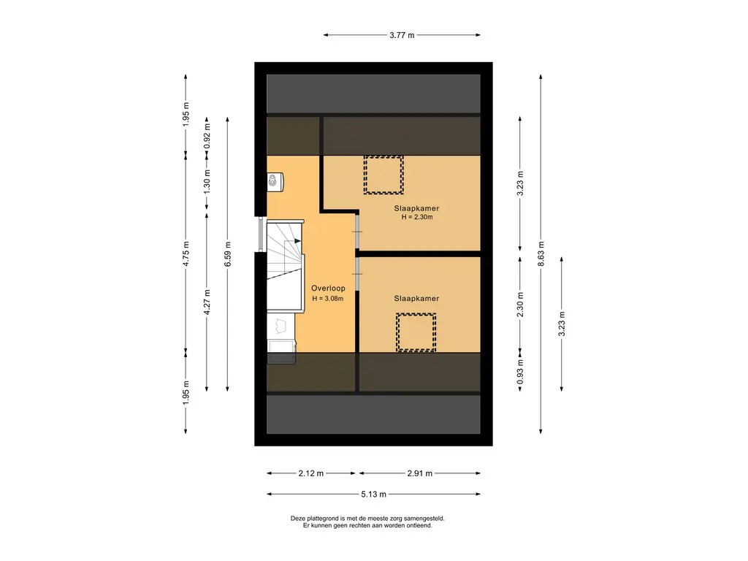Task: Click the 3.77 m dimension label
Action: point(402,35)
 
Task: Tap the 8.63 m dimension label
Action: point(541,253)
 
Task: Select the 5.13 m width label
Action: point(373,495)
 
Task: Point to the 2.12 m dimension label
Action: point(311,473)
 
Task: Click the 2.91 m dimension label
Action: point(420,473)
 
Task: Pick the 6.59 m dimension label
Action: point(228,253)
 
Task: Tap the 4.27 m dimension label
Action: point(207,302)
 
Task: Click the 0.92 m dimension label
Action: point(207,136)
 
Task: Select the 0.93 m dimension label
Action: point(520,372)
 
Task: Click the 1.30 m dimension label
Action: point(207,182)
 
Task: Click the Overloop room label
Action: point(328,288)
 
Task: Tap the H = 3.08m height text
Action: point(328,299)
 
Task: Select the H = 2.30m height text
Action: point(417,217)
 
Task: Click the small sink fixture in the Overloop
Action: point(275,182)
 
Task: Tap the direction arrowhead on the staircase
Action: point(298,241)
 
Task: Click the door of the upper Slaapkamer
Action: point(356,232)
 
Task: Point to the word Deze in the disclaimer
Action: point(298,518)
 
